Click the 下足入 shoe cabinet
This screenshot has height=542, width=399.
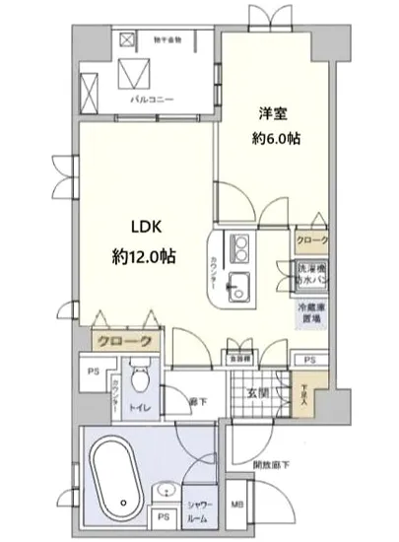tap(303, 395)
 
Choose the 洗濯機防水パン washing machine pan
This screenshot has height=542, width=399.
tap(313, 275)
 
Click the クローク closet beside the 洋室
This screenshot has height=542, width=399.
tap(313, 240)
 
